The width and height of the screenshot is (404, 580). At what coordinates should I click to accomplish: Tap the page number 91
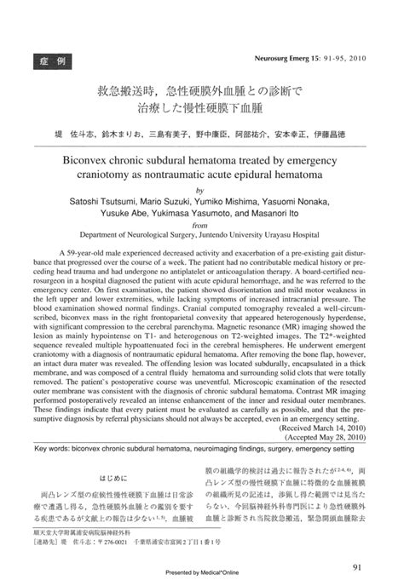[358, 546]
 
